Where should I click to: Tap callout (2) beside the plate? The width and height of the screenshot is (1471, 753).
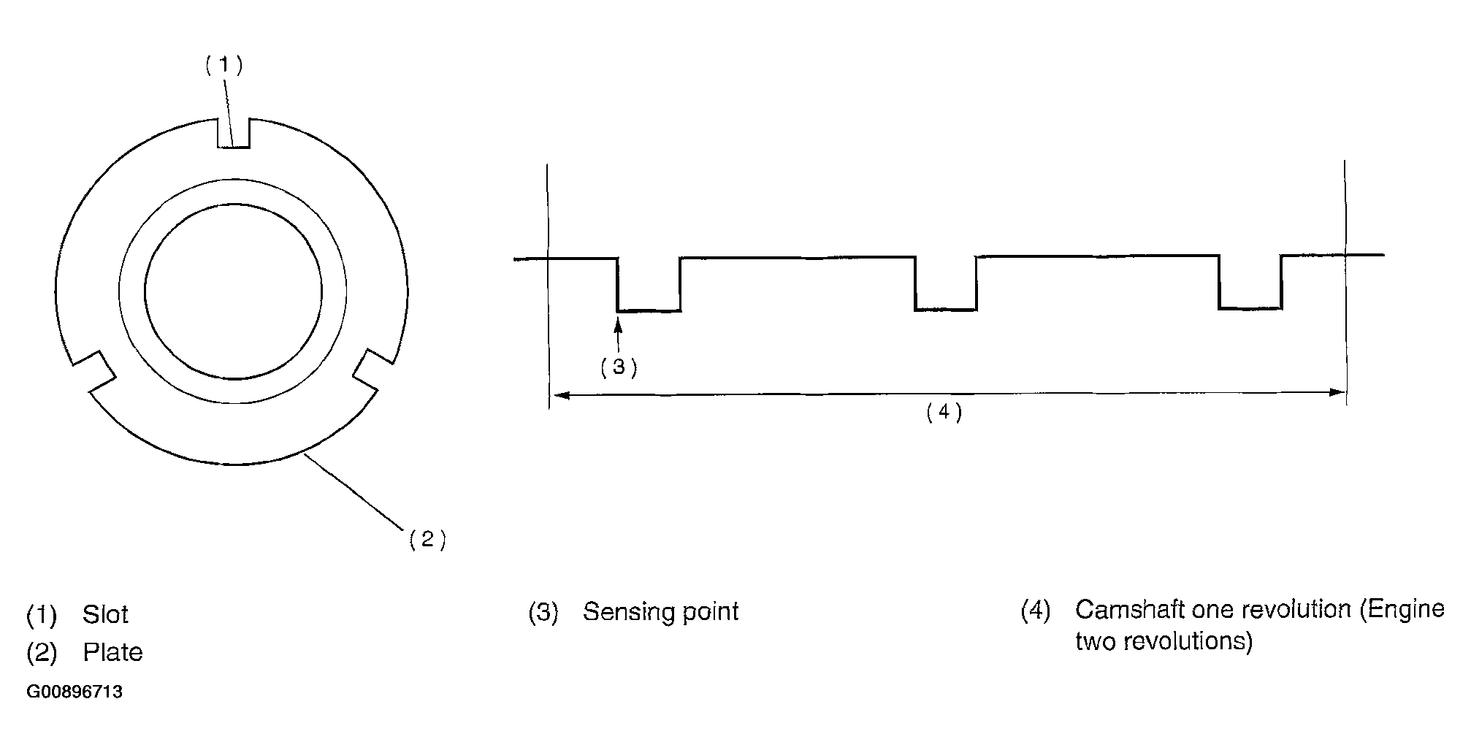click(427, 539)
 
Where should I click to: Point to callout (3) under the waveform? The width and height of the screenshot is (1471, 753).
click(619, 367)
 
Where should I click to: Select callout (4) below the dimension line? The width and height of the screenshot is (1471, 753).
click(944, 413)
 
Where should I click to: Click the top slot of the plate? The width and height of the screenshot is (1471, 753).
click(234, 132)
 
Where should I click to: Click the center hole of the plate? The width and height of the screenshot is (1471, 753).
click(234, 291)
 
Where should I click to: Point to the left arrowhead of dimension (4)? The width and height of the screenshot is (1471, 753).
click(560, 395)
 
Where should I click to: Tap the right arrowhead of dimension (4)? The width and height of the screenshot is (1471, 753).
click(1336, 392)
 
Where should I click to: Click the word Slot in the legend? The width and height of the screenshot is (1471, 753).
click(105, 614)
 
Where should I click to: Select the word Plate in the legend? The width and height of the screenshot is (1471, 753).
click(112, 652)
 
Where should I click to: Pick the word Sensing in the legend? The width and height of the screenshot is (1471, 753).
click(629, 612)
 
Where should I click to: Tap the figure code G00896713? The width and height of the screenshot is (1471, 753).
click(74, 692)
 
